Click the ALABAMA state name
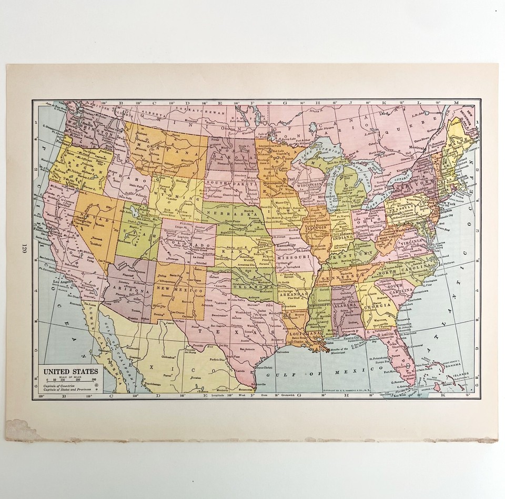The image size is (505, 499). pos(345,305)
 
